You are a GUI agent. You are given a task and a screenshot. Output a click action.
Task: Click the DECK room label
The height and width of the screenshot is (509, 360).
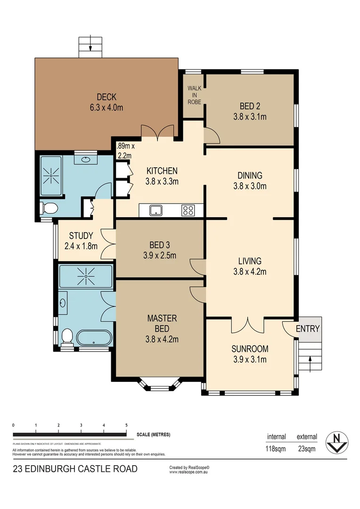[x=106, y=98]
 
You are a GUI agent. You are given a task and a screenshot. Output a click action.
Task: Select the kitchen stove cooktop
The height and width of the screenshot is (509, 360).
[x=188, y=210]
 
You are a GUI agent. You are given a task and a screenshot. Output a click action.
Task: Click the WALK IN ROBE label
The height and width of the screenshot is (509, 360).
[x=194, y=95]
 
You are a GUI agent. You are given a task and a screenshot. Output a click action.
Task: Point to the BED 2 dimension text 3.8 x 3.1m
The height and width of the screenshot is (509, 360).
[x=250, y=116]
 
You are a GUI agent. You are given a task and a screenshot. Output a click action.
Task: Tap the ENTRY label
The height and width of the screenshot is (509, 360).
[x=308, y=329]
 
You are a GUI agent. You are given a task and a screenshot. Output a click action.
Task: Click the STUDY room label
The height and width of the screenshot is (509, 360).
[x=81, y=236]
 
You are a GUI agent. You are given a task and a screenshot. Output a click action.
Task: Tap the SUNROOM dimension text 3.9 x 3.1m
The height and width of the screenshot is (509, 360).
[x=250, y=360]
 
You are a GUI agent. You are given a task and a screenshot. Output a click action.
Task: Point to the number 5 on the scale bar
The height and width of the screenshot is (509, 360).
[x=126, y=425]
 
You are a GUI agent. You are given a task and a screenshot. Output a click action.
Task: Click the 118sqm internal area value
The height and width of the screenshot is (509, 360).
[x=276, y=449]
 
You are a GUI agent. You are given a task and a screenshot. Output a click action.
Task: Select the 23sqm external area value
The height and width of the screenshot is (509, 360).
[x=307, y=449]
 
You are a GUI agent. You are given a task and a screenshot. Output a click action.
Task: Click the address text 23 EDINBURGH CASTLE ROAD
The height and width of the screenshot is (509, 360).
[x=75, y=469]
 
